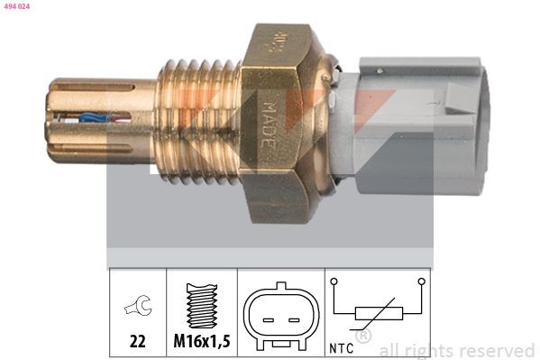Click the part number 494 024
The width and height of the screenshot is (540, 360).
click(x=17, y=6)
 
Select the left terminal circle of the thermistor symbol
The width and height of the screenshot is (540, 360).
click(x=334, y=282)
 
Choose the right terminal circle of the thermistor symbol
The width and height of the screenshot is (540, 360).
click(x=420, y=282)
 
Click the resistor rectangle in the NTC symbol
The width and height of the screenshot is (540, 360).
click(x=378, y=314)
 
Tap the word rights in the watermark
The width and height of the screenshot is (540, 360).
click(x=432, y=350)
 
